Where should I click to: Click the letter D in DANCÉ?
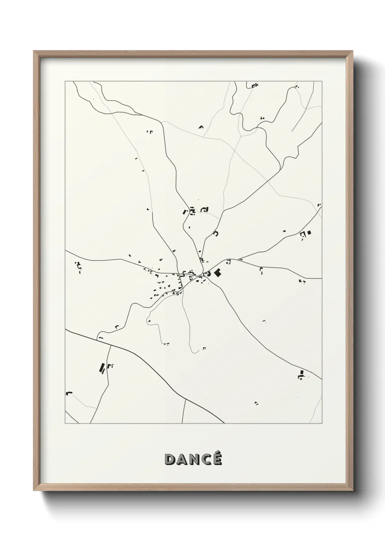coord(170,459)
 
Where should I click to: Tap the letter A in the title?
coord(182,459)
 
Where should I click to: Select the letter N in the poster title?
coord(194,459)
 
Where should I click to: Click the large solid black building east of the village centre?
coord(218,273)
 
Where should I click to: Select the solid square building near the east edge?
coord(309,232)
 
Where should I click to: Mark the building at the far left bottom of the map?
coord(69,393)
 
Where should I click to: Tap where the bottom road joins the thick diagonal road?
coord(185,398)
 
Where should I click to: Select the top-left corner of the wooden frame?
coord(34,51)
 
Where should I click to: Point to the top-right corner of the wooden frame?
coord(353,51)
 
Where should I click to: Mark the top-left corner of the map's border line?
coord(65,81)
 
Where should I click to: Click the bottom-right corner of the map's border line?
coord(322,423)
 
